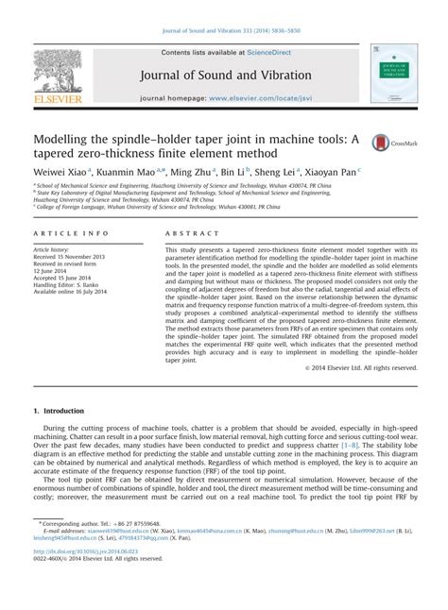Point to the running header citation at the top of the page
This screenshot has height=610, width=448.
point(223,8)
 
